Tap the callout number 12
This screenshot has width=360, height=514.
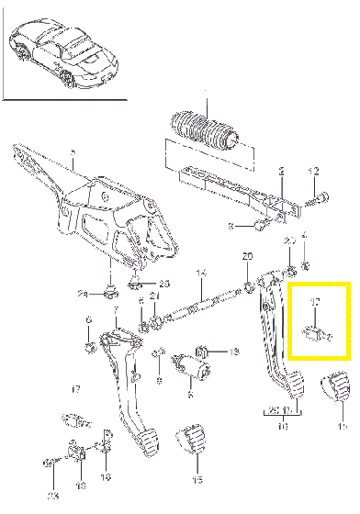(x=312, y=172)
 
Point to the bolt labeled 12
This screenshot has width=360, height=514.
(x=309, y=195)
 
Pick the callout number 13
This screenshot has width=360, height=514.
(x=233, y=352)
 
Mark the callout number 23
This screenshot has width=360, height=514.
(x=53, y=497)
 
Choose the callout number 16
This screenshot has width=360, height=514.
(x=80, y=485)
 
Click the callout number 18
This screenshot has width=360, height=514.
(x=107, y=478)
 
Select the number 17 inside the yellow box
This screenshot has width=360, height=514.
(x=314, y=301)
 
